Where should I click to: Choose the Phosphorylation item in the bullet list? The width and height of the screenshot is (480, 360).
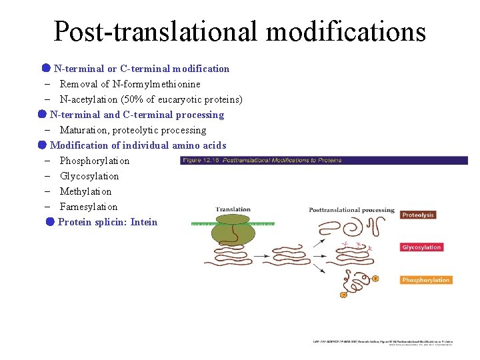pos(95,161)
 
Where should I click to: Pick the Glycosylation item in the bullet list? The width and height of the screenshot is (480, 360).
pos(89,176)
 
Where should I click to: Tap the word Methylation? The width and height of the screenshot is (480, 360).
pos(85,191)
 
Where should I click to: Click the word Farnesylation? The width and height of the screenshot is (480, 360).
pos(89,207)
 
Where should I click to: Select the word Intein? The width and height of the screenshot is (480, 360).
pos(144,222)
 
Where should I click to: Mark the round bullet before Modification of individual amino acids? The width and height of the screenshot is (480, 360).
pos(42,145)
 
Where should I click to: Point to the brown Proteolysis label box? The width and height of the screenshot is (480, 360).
pos(418,215)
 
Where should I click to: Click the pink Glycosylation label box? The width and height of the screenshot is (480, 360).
pos(421,247)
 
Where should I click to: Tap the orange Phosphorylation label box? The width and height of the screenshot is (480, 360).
pos(426,280)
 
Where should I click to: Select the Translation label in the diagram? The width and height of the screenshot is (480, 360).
pos(233,209)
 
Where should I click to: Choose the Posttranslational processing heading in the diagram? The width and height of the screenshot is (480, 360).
pos(351,210)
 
